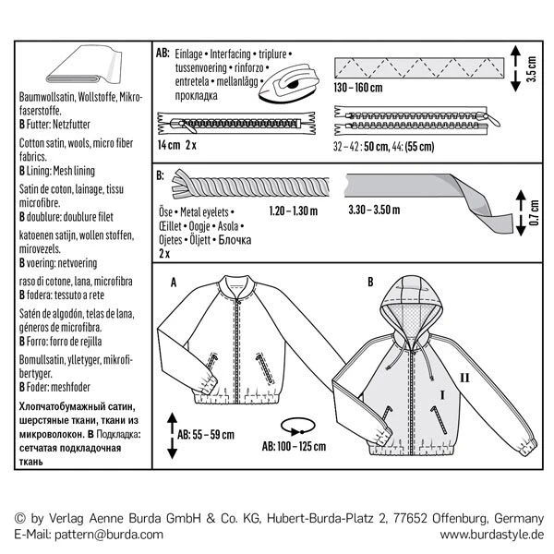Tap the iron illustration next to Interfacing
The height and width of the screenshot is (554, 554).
point(292,84)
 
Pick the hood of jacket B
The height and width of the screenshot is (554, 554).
point(407,301)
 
